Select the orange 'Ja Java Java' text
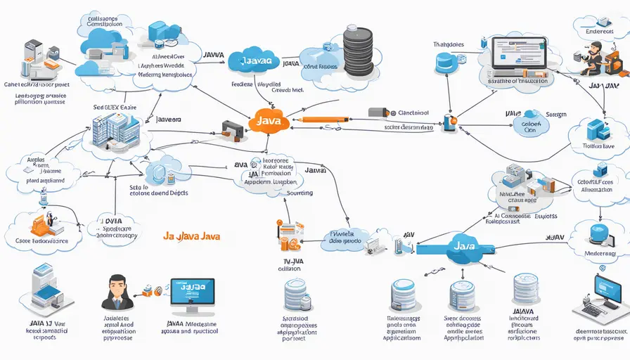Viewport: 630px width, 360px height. coord(191,237)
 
